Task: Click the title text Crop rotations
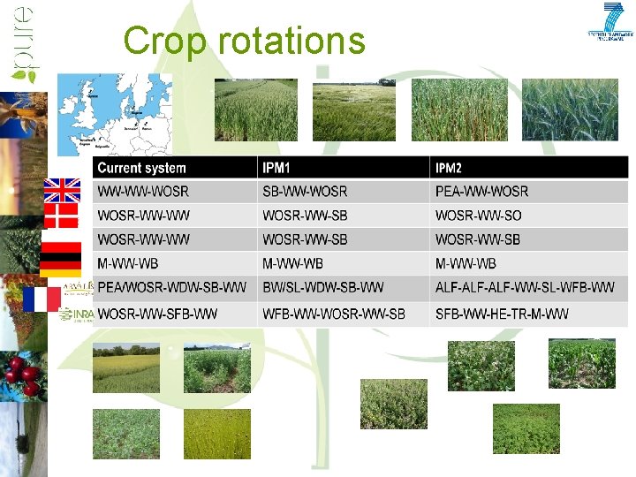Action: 244,41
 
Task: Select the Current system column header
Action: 141,168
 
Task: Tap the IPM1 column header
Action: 278,168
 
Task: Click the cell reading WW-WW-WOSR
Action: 143,192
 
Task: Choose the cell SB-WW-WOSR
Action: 305,192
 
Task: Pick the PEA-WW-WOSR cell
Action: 481,192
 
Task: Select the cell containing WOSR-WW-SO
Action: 478,216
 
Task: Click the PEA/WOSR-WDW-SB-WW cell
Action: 172,288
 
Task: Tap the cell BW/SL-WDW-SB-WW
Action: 323,288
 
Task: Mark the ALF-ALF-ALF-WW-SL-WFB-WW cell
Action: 525,288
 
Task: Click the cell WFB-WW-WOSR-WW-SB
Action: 334,314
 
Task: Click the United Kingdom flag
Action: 62,191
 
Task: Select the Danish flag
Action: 62,216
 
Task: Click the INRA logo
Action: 76,314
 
